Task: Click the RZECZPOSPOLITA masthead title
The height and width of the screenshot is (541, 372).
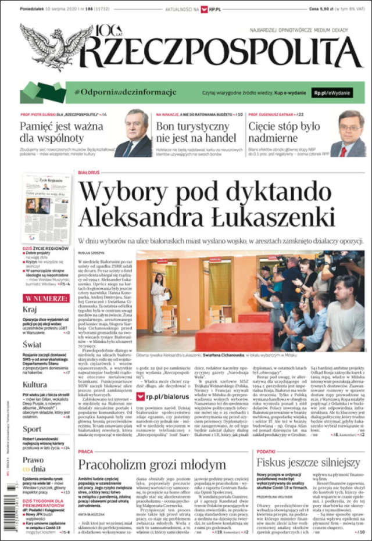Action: click(221, 51)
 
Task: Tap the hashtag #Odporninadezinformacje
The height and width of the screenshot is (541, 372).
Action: click(125, 92)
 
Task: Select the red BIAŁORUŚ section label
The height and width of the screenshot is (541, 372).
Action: click(89, 173)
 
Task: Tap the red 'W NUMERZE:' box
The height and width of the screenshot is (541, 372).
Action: click(46, 298)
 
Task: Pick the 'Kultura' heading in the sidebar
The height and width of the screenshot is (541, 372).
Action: click(35, 384)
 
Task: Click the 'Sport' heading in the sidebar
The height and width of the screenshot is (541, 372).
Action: click(32, 429)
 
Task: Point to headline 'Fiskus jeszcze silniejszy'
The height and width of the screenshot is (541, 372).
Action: click(309, 463)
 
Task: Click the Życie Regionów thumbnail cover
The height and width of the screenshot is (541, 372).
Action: click(45, 209)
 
